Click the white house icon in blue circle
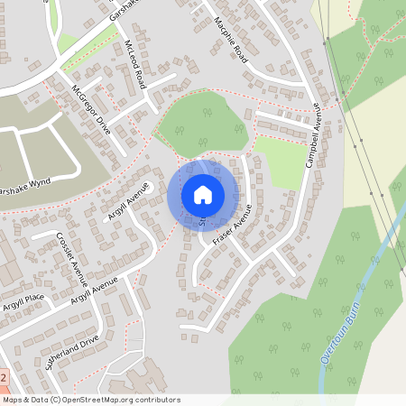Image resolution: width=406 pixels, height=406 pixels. pyautogui.click(x=203, y=194)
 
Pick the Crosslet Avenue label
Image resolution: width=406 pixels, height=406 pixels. pyautogui.click(x=71, y=259)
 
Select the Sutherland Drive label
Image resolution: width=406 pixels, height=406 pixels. pyautogui.click(x=71, y=351)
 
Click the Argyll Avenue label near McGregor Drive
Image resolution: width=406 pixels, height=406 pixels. pyautogui.click(x=127, y=203)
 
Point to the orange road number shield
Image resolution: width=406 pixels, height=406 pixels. pyautogui.click(x=4, y=377)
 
